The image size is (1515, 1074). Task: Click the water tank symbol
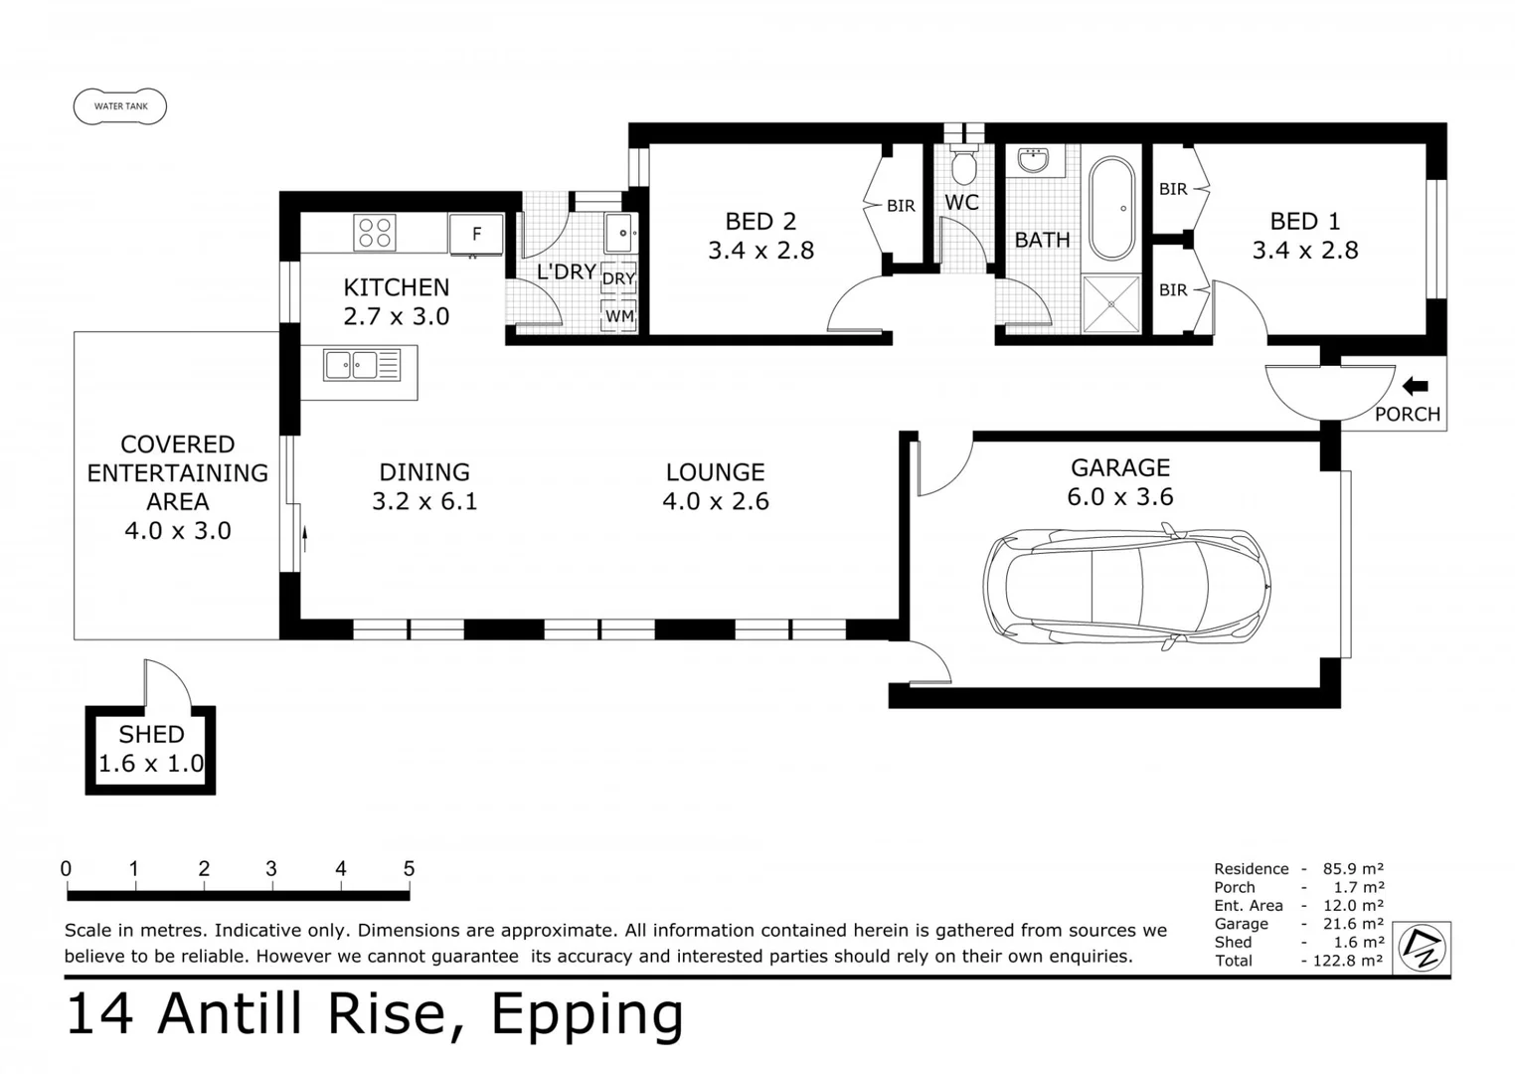(x=120, y=106)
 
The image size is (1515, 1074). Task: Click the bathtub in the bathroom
(x=1110, y=209)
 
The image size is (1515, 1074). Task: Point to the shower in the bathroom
(x=1110, y=303)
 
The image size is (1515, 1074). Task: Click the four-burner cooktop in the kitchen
(x=375, y=233)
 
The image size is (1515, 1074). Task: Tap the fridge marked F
(x=476, y=235)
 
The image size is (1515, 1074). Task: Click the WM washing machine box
(x=619, y=316)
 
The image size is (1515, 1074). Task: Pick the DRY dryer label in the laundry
(x=618, y=278)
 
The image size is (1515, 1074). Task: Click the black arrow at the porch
(x=1415, y=386)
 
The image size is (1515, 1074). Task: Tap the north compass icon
(x=1422, y=947)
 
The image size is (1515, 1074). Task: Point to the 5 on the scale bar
(x=409, y=868)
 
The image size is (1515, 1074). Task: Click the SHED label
(x=151, y=734)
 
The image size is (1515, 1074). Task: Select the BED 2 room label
(x=760, y=221)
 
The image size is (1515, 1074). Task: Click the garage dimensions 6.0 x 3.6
(x=1119, y=496)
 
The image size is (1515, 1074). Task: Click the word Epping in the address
(x=588, y=1014)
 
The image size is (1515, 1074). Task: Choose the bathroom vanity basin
(x=1034, y=159)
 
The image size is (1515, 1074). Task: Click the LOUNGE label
(x=716, y=472)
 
